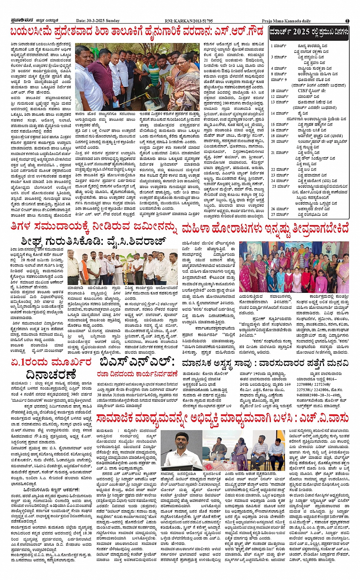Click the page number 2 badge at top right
(x=347, y=21)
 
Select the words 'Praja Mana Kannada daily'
(x=286, y=21)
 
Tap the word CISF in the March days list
(x=304, y=91)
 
